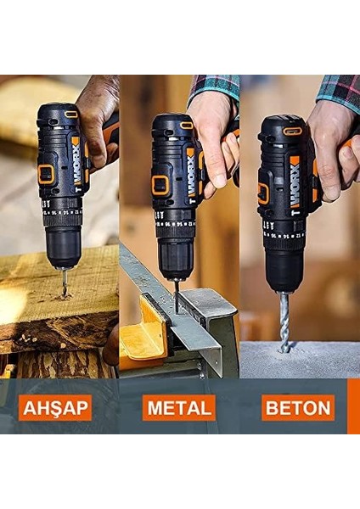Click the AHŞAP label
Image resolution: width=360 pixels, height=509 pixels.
tap(55, 408)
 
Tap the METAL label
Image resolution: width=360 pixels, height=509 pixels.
tap(179, 408)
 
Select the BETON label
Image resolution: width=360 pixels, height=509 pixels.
tap(298, 408)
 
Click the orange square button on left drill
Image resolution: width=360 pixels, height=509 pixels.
tap(46, 175)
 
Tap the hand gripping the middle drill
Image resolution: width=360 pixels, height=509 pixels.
tap(212, 136)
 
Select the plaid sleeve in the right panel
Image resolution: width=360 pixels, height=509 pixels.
tap(340, 88)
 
